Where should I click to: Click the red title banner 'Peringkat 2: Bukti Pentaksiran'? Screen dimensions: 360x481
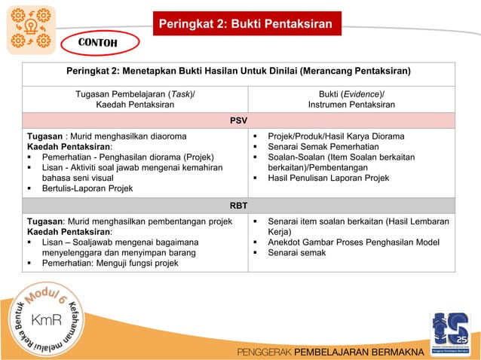tap(245, 24)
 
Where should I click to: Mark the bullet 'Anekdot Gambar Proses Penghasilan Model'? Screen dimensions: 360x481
tap(349, 243)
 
